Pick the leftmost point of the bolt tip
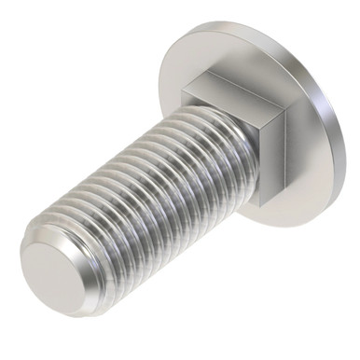pos(21,257)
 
